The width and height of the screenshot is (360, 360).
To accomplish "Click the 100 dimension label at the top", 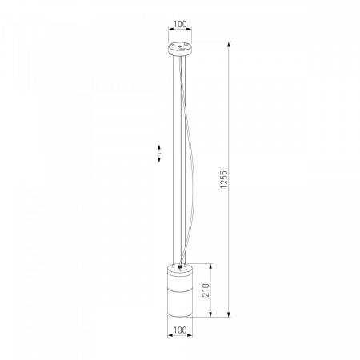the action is coord(180,24).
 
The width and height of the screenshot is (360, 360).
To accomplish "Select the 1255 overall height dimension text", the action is coord(224,179).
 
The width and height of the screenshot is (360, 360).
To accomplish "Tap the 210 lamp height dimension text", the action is coord(206,290).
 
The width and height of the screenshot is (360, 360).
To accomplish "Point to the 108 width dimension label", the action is coord(180,330).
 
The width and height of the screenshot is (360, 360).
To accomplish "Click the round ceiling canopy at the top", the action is coord(180,49).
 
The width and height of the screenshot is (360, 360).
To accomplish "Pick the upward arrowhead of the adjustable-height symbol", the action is coord(159,147).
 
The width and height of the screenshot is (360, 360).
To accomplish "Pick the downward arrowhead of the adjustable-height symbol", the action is coord(159,159).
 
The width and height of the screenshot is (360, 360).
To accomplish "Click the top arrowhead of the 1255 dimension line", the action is coord(229,45).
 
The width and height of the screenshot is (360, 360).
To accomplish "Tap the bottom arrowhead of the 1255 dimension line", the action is coord(229,314).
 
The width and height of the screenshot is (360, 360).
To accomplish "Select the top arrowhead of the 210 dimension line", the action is coord(210,266).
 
